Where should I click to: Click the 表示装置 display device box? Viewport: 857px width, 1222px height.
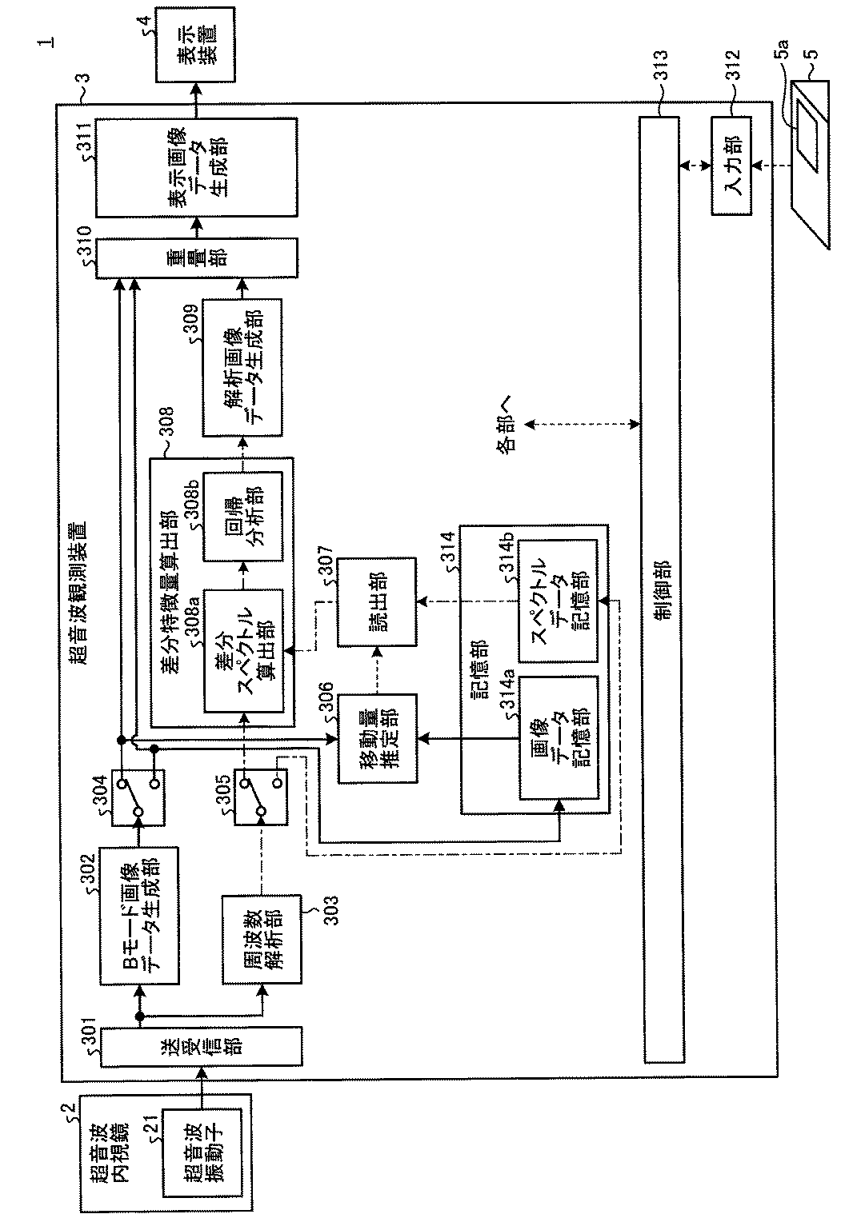pyautogui.click(x=197, y=44)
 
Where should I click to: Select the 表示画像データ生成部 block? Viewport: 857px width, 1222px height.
pyautogui.click(x=197, y=167)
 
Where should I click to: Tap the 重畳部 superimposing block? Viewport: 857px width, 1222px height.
pyautogui.click(x=197, y=257)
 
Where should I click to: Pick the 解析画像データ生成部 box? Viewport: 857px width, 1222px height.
pyautogui.click(x=242, y=368)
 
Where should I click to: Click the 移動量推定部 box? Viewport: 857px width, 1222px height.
pyautogui.click(x=377, y=737)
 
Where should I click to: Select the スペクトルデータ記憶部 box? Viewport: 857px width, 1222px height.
pyautogui.click(x=558, y=601)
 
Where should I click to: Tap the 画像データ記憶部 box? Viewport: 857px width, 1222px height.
pyautogui.click(x=558, y=737)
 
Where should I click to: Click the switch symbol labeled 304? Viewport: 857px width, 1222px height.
pyautogui.click(x=138, y=797)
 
